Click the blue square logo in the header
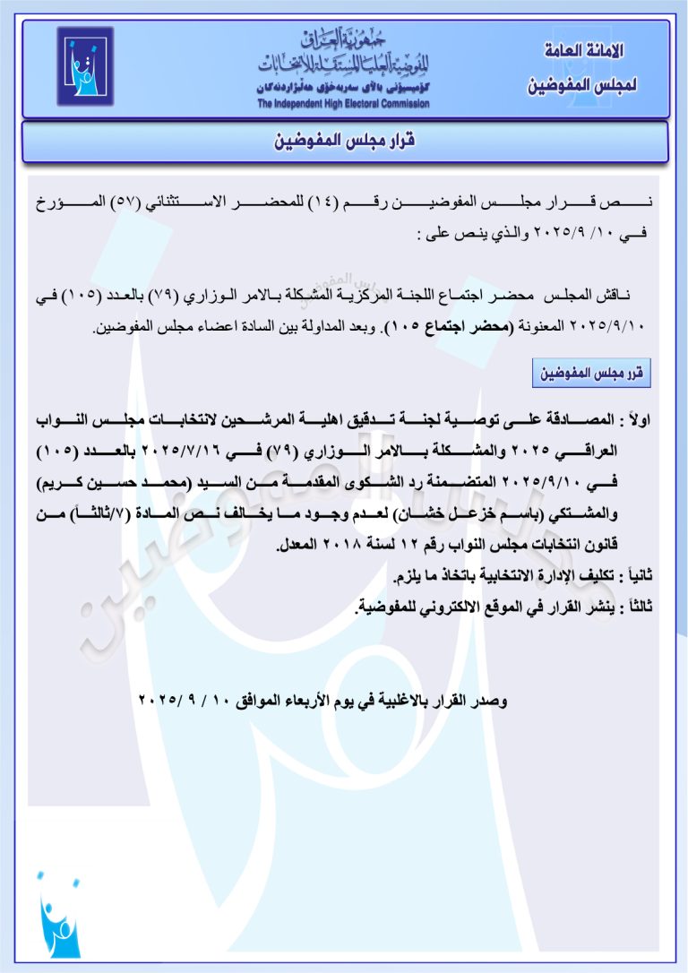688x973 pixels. tap(86, 66)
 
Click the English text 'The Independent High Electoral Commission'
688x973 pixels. tap(343, 104)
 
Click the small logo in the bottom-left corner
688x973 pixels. tap(59, 914)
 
